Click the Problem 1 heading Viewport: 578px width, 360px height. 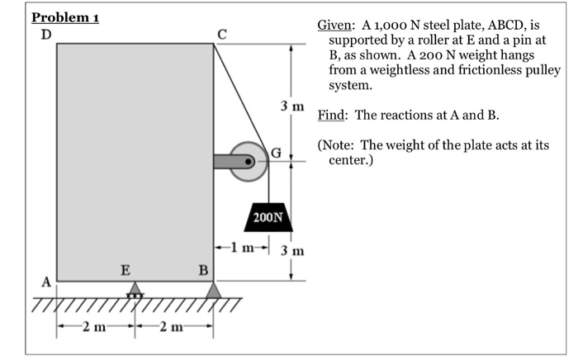tap(65, 17)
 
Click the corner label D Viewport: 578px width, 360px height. tap(46, 35)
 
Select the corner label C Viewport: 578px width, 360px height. tap(221, 35)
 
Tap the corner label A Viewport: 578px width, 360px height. tap(46, 282)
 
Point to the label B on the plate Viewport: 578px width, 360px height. tap(203, 271)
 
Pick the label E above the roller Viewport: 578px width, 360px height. tap(126, 270)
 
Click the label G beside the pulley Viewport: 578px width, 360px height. tap(276, 152)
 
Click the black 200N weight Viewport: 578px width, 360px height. tap(268, 217)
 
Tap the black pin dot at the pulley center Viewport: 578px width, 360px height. tap(249, 161)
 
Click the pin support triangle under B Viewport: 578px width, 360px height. tap(213, 290)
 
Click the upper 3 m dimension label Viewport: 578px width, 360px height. tap(292, 107)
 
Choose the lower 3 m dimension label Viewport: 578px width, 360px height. tap(292, 250)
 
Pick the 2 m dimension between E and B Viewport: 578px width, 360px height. tap(172, 326)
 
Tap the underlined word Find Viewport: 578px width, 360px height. tap(331, 115)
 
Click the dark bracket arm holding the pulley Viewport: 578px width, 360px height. tap(232, 162)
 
